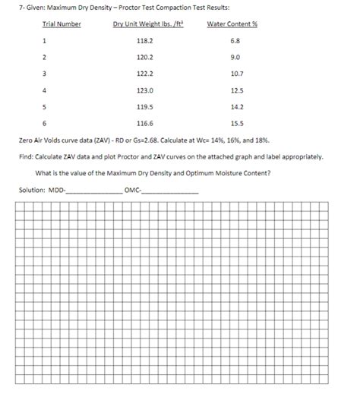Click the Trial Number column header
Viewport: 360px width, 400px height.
(62, 24)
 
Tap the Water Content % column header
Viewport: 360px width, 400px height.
(232, 24)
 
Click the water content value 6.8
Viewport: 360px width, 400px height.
(235, 40)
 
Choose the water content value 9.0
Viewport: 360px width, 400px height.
(235, 57)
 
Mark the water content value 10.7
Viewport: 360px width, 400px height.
(235, 74)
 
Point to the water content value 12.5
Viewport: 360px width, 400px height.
(235, 90)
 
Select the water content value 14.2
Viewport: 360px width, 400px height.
(235, 107)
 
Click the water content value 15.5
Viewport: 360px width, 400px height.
(235, 124)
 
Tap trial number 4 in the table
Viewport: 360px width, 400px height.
(45, 90)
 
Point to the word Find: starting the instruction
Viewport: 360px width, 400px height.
(25, 157)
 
